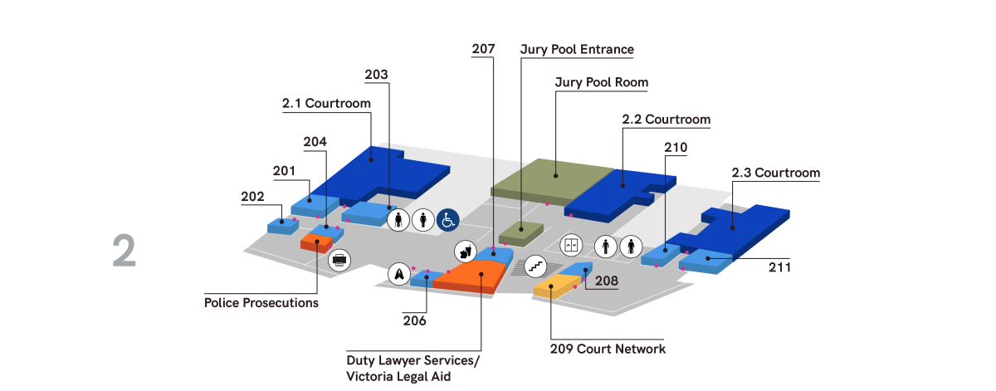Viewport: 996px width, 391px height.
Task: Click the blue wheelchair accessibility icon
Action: pos(448,219)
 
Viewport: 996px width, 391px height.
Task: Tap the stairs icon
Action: pos(535,266)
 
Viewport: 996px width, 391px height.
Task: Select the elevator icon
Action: pos(571,246)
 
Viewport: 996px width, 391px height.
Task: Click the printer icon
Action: pos(339,260)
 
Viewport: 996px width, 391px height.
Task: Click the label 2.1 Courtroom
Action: pos(325,104)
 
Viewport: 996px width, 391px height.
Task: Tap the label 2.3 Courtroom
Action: pos(775,174)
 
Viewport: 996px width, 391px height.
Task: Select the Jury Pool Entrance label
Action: pos(577,50)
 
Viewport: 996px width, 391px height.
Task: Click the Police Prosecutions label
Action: pos(261,303)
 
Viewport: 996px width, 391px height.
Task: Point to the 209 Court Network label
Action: pos(608,349)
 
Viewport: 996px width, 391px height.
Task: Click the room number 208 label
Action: pos(606,282)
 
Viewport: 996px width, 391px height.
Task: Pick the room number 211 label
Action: pos(779,268)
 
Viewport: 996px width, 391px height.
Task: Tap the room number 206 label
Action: pos(415,320)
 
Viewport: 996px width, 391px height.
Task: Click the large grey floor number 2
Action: pos(124,252)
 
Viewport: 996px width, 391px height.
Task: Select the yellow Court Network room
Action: pos(552,288)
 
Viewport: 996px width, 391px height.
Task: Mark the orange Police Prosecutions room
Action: pos(315,243)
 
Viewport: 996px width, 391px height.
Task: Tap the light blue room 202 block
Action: pos(280,225)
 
